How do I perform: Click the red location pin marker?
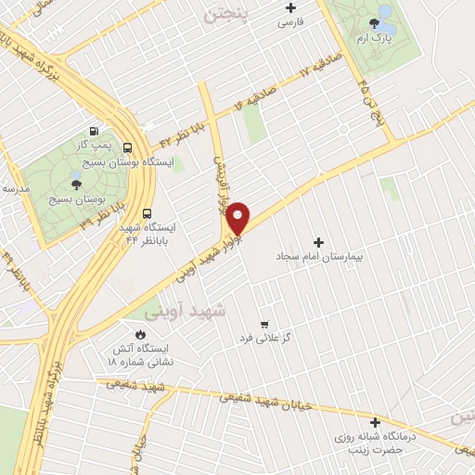[238, 217]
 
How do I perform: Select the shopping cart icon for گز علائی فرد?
[265, 324]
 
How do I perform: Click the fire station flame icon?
[140, 334]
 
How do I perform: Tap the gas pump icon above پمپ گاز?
[94, 131]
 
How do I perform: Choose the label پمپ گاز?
[94, 145]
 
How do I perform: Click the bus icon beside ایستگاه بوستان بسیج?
[126, 146]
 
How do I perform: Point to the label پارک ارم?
[375, 38]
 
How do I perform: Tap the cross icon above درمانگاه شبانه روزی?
[375, 422]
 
